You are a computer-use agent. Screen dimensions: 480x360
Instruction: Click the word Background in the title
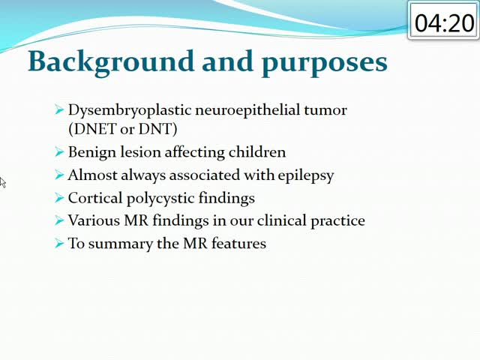[x=111, y=62]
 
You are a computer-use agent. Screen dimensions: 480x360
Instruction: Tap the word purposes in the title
[x=325, y=64]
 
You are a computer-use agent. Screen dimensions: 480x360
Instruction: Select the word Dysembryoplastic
[x=130, y=111]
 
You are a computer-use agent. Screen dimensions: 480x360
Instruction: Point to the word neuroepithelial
[x=247, y=110]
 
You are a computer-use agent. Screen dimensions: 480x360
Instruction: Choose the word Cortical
[x=95, y=198]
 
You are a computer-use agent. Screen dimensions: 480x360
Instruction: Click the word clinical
[x=282, y=220]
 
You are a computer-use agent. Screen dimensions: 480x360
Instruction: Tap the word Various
[x=94, y=220]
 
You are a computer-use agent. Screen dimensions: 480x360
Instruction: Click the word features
[x=238, y=243]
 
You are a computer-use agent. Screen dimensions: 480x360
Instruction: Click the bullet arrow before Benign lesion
[x=59, y=151]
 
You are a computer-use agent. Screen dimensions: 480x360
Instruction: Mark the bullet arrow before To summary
[x=59, y=243]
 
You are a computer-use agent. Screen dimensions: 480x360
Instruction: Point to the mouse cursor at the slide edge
[x=2, y=182]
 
